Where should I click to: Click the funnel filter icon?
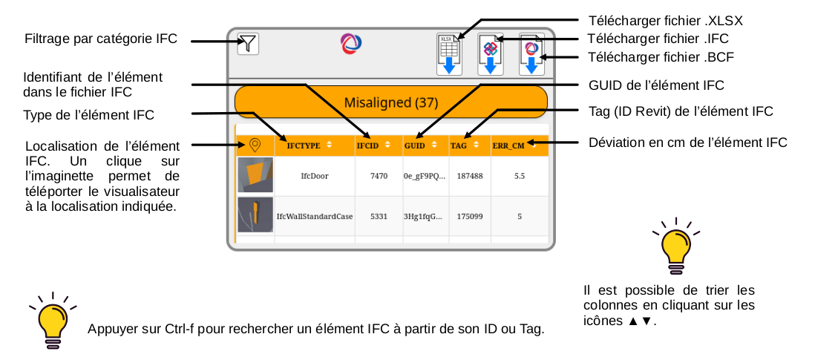[248, 45]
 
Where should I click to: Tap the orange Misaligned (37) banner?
[390, 102]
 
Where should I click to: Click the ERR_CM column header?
[513, 146]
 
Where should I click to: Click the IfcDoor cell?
[314, 177]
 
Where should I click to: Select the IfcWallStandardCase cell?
[314, 216]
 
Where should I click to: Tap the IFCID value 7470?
[379, 177]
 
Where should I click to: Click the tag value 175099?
[470, 216]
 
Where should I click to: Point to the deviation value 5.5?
[520, 177]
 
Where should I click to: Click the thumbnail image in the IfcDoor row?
[255, 176]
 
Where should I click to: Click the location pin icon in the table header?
[255, 145]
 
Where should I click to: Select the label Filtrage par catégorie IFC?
[101, 39]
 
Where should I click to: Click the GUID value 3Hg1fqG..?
[425, 216]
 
